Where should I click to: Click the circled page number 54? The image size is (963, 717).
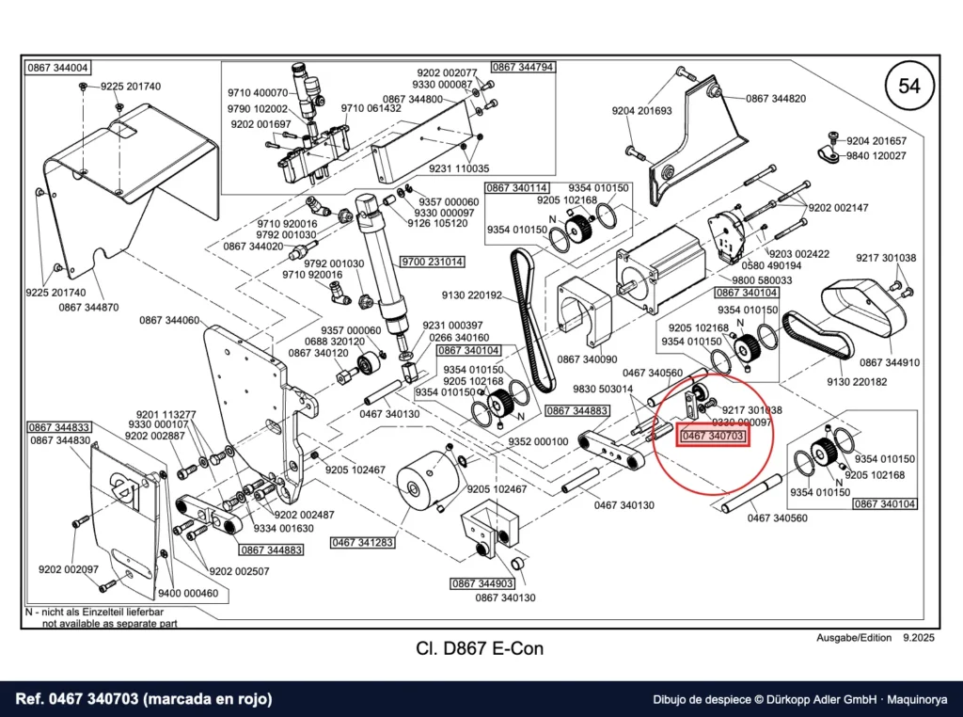(x=909, y=86)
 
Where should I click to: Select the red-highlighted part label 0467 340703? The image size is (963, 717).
(x=713, y=437)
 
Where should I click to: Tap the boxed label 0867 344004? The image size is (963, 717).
(x=57, y=68)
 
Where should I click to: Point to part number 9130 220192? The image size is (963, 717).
(x=472, y=295)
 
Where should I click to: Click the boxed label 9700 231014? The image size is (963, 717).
(x=433, y=262)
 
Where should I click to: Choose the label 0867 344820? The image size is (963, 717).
(x=776, y=98)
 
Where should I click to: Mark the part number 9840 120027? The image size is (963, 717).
(x=876, y=156)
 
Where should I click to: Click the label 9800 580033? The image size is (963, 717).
(x=762, y=280)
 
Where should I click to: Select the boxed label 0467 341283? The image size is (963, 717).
(x=362, y=543)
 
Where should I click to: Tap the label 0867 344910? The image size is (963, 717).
(x=890, y=362)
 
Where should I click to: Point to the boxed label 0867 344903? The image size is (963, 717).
(x=482, y=583)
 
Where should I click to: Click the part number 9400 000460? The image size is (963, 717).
(x=188, y=594)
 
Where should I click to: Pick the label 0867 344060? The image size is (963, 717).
(x=169, y=320)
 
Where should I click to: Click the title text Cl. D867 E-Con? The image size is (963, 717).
(x=480, y=649)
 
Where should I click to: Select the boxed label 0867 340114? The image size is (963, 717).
(x=517, y=188)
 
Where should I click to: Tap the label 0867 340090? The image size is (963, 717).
(x=587, y=359)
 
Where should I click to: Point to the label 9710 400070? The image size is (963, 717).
(x=258, y=93)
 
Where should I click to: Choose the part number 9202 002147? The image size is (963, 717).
(x=838, y=208)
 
